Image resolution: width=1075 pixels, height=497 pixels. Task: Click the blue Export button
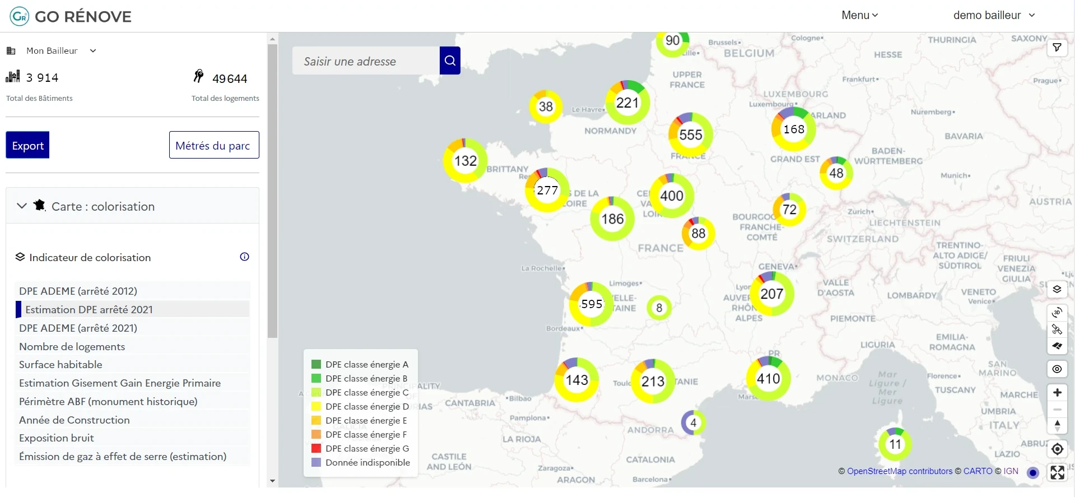(27, 145)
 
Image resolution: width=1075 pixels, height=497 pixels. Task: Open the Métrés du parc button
(213, 145)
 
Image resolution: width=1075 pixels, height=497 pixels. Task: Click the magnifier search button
(450, 61)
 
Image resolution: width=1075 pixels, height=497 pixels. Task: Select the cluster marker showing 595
(591, 304)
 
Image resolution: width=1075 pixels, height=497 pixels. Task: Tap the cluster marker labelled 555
(690, 134)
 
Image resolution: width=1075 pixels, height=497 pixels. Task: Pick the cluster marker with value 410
(768, 379)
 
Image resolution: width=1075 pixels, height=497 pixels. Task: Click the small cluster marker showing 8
(659, 308)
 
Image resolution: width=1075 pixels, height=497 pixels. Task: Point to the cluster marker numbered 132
(465, 161)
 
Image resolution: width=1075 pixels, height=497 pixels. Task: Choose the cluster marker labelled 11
(895, 444)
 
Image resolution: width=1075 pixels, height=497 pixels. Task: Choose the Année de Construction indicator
(75, 420)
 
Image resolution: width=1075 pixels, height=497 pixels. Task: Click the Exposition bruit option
(57, 438)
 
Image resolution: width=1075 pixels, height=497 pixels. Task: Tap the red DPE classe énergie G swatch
(316, 448)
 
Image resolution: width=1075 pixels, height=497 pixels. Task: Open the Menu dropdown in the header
(859, 15)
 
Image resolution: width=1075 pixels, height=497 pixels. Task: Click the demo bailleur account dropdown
(994, 15)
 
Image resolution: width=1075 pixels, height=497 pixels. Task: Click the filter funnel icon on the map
(1057, 48)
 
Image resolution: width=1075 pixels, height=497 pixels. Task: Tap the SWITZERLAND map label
(862, 239)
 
